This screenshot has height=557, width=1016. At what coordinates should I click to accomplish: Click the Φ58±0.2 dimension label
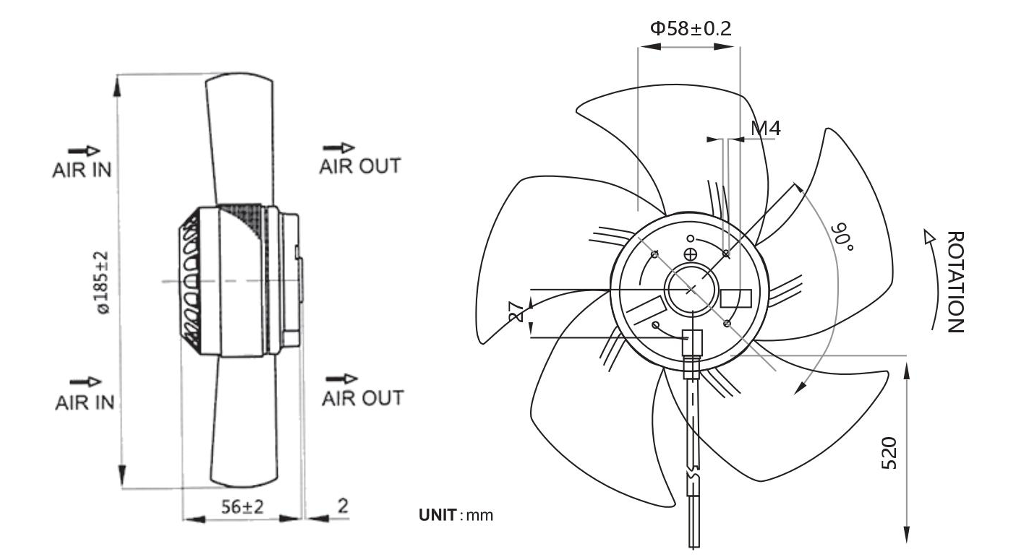(x=691, y=29)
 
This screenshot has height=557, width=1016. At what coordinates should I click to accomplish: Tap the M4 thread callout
(x=766, y=129)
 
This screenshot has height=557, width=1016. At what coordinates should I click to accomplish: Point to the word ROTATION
(x=956, y=282)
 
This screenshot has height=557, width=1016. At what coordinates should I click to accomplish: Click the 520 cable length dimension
(x=889, y=453)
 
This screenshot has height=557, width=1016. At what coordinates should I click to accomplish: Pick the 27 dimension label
(x=516, y=313)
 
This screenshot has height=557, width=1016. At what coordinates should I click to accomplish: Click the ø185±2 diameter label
(x=101, y=282)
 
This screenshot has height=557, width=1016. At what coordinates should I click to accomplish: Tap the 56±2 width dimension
(x=242, y=506)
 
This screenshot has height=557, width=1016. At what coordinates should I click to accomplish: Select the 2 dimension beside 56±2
(x=343, y=506)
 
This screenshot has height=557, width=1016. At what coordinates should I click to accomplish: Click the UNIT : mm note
(x=456, y=515)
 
